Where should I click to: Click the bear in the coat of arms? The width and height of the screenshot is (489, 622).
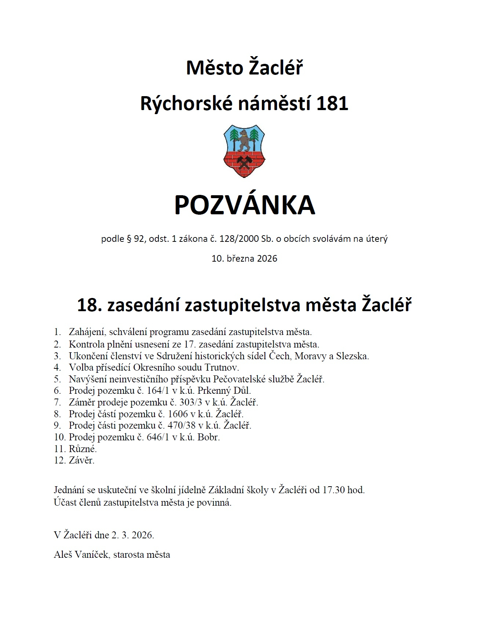coord(243,140)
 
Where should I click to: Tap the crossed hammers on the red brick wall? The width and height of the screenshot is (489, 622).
coord(244,161)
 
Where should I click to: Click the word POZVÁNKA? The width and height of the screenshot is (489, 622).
coord(245,205)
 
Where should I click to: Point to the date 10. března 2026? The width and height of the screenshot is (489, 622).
coord(244,258)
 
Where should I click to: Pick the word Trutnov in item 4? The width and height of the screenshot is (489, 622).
coord(222,367)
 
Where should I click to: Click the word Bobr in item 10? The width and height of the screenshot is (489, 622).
coord(208,437)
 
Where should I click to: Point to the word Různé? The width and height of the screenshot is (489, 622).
coord(83,449)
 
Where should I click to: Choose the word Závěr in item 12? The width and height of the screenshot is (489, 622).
coord(81,460)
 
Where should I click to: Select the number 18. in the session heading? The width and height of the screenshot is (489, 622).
coord(89,305)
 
